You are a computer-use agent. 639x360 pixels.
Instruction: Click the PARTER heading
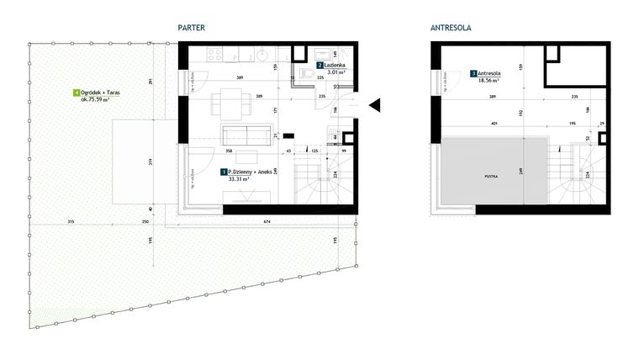(192, 28)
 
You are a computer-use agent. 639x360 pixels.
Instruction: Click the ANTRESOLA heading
(451, 28)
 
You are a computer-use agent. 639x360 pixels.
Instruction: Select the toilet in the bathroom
(309, 77)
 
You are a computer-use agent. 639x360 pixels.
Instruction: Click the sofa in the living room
(247, 135)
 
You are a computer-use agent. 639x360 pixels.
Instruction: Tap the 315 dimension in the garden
(69, 222)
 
